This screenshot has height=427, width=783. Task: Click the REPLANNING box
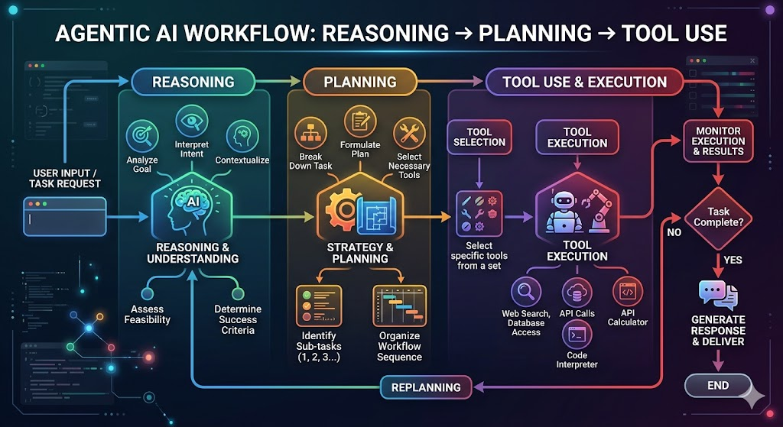tap(426, 387)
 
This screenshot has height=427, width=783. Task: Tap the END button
tap(717, 386)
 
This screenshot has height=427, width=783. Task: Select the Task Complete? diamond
tap(718, 218)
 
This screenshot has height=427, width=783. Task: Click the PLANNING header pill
tap(359, 82)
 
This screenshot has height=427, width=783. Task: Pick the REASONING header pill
tap(193, 82)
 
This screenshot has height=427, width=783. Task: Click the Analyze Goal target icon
tap(142, 136)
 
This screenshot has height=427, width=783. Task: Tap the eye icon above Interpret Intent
tap(192, 121)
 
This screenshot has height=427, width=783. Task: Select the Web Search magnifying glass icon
tap(526, 291)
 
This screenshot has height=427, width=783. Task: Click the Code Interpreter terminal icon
tap(577, 335)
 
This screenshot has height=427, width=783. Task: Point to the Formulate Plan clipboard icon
tap(360, 121)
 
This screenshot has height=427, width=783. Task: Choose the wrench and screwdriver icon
tap(410, 133)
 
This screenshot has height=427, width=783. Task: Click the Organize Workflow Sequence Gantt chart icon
tap(399, 306)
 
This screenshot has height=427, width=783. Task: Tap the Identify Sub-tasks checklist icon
tap(319, 306)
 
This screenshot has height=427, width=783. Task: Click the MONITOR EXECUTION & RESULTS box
tap(718, 141)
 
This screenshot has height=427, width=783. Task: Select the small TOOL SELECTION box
tap(479, 137)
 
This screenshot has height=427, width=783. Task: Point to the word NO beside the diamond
tap(674, 232)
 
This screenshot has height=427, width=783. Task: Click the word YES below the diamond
tap(733, 260)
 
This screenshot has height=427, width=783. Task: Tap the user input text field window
tap(65, 216)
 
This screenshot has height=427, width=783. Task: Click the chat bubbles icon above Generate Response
tap(718, 295)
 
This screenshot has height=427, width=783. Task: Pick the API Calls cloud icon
tap(577, 293)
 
